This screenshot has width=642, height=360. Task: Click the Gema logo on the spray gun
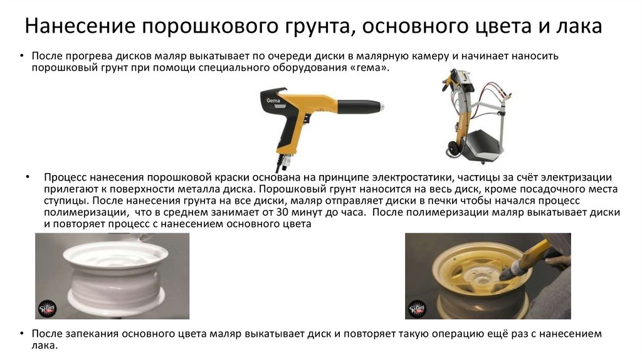pyautogui.click(x=273, y=100)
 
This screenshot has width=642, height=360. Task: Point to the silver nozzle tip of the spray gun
pyautogui.click(x=381, y=107)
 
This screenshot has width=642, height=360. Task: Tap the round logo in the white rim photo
pyautogui.click(x=47, y=308)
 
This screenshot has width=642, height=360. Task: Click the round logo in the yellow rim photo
pyautogui.click(x=417, y=308)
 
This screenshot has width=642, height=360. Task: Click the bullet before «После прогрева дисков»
pyautogui.click(x=22, y=55)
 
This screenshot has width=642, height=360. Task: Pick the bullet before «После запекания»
pyautogui.click(x=22, y=334)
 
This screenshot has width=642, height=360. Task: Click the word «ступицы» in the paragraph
pyautogui.click(x=65, y=201)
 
